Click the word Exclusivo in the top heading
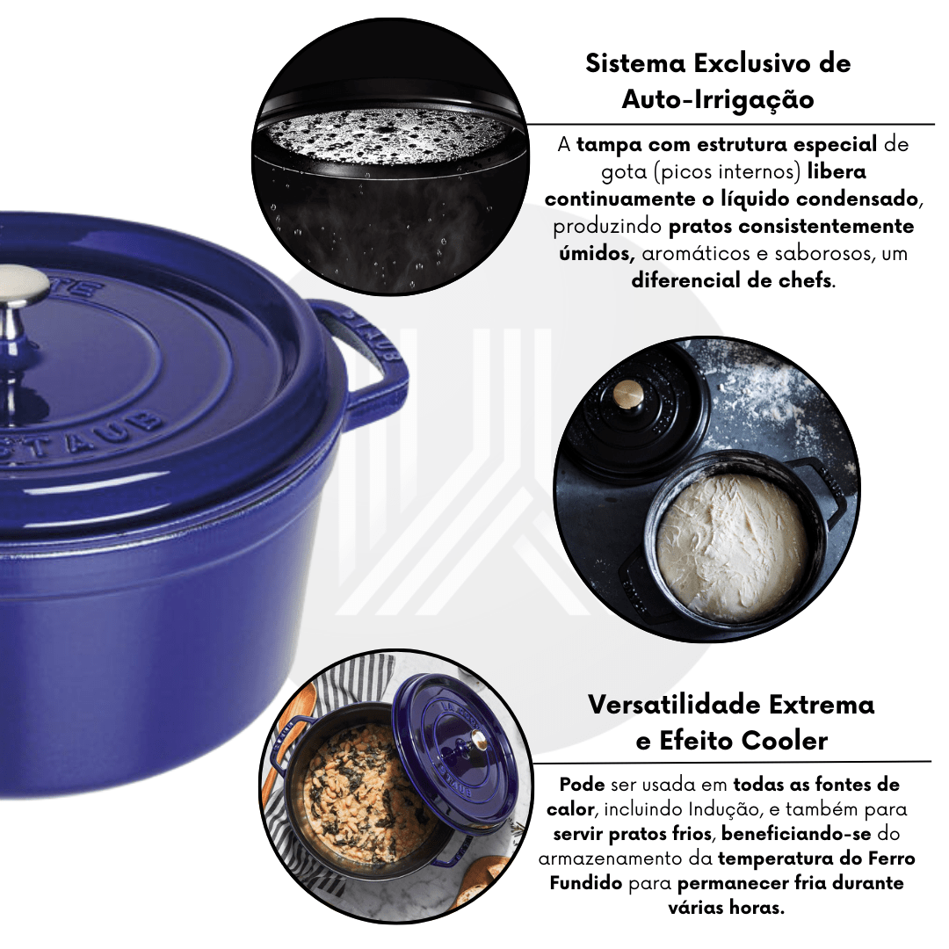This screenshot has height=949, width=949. point(750,63)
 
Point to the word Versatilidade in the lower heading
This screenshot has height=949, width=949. point(672,705)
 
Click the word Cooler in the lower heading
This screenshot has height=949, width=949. point(785,741)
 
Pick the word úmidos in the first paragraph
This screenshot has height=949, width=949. point(596,253)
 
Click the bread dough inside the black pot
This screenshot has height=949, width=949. point(733,547)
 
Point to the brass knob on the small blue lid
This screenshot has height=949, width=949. point(478,739)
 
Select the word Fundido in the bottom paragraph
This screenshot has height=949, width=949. point(585,883)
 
